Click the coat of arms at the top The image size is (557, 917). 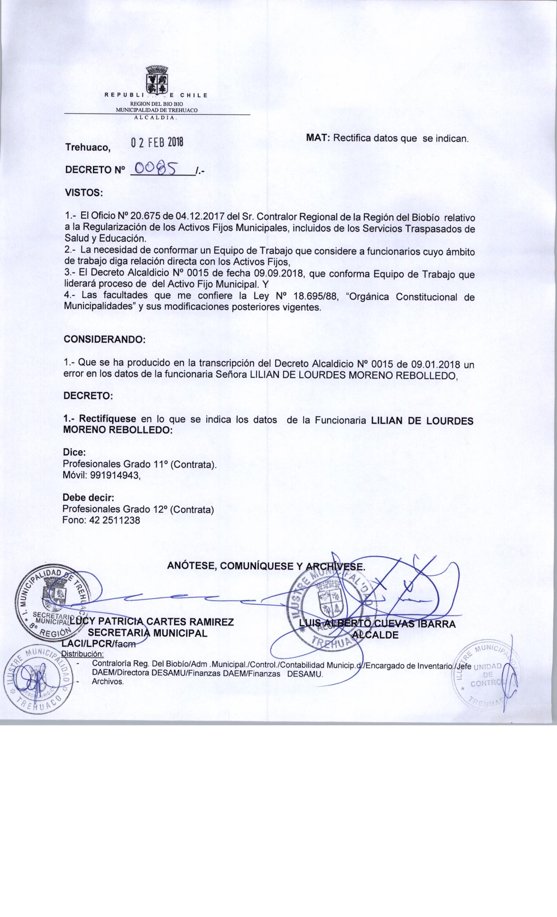click(156, 79)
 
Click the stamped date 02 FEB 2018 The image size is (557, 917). click(157, 143)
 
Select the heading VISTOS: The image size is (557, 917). click(83, 192)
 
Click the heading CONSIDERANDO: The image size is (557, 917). click(104, 339)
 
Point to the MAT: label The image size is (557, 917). click(319, 138)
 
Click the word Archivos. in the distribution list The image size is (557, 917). click(108, 681)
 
